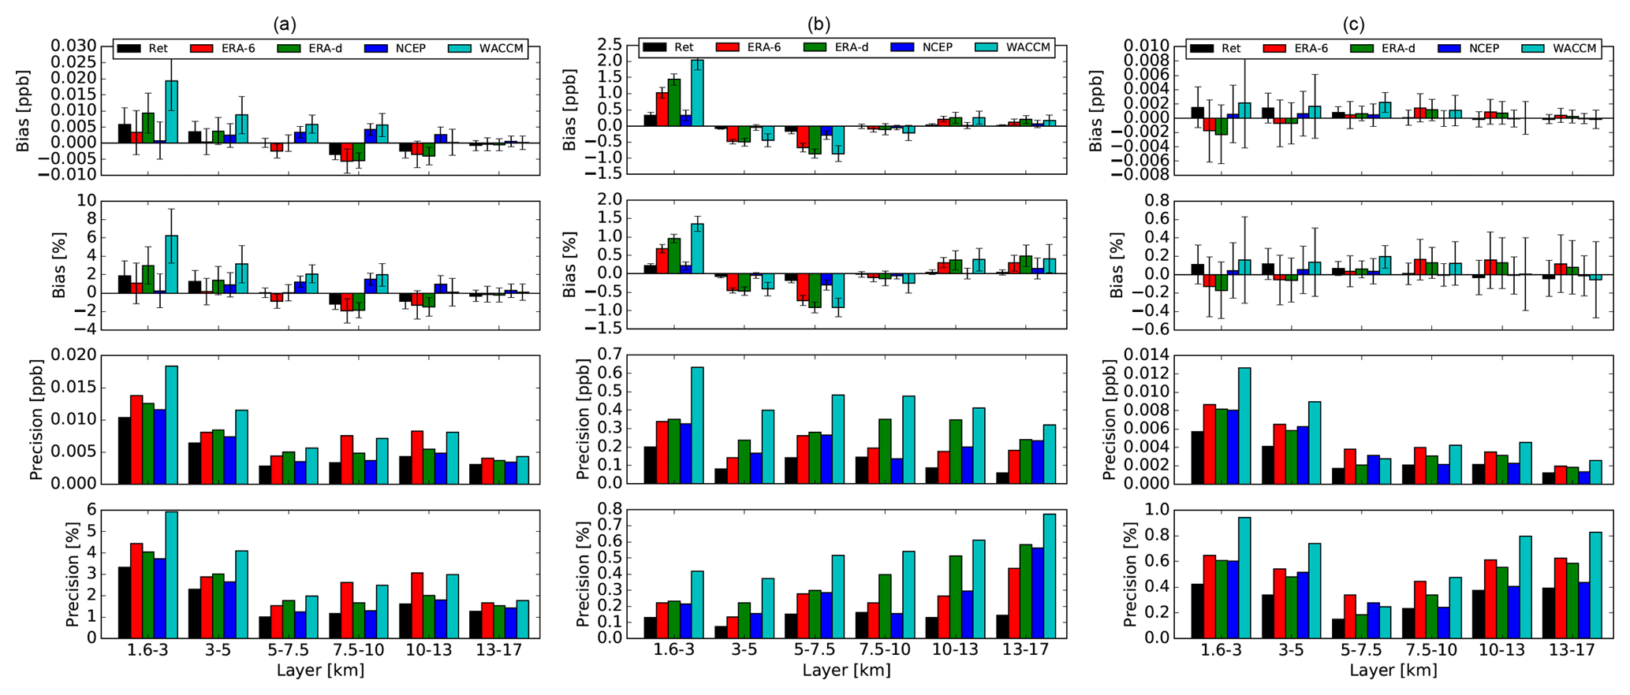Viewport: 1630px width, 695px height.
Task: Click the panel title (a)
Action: [x=285, y=24]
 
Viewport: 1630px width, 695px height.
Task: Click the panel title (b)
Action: [x=819, y=24]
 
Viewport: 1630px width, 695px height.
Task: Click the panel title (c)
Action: [x=1354, y=24]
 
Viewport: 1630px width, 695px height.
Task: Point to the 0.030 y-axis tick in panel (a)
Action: [x=74, y=46]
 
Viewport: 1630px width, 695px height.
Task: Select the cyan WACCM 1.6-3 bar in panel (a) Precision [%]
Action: [x=172, y=574]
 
